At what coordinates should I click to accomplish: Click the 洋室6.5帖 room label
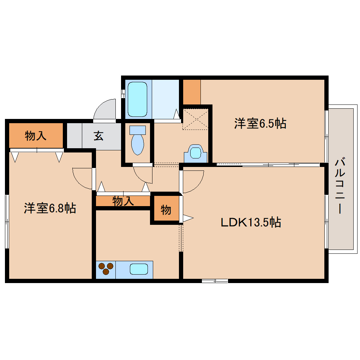tap(260, 123)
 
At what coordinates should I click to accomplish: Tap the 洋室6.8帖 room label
tap(50, 208)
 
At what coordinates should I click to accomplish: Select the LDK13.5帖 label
tap(251, 222)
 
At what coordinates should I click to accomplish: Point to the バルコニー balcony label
tap(340, 186)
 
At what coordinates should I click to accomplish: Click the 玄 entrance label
tap(98, 136)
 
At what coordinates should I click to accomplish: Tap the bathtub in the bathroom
tap(137, 99)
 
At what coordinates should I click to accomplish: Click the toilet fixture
tap(138, 140)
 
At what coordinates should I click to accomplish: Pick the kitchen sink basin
tap(139, 269)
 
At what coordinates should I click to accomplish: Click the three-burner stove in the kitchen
tap(106, 269)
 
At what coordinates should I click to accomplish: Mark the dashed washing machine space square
tap(196, 119)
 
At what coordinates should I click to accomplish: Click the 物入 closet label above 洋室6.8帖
tap(36, 136)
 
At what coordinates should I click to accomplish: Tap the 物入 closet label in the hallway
tap(123, 201)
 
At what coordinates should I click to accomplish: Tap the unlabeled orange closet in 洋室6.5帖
tap(192, 92)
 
